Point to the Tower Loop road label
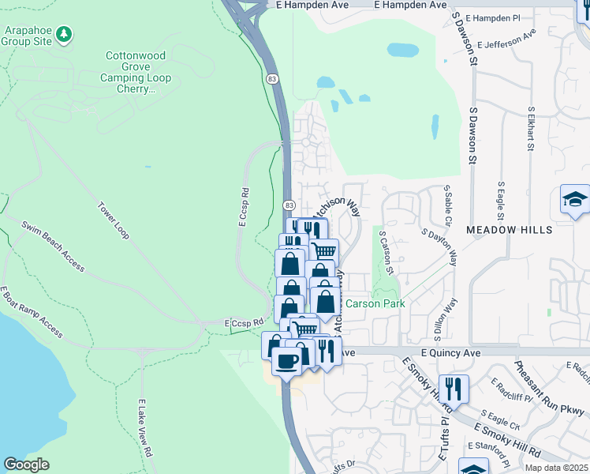pos(114,223)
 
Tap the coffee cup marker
pos(286,361)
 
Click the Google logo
pos(27,465)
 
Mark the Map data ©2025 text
pos(556,468)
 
